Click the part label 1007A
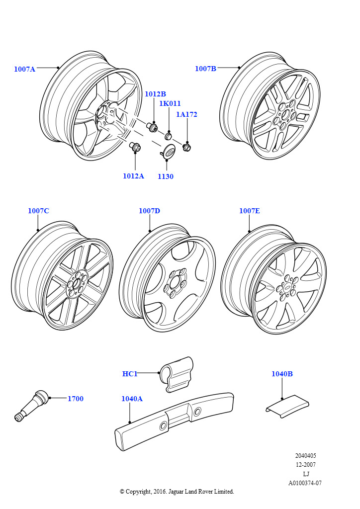24,69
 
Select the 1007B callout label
205,69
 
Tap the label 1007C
38,211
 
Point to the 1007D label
149,211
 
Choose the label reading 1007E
249,211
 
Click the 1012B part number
155,94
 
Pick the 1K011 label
170,104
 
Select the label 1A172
186,114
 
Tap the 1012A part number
133,176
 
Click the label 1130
165,176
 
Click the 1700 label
75,398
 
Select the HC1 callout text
130,374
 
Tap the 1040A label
132,399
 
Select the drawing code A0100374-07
305,483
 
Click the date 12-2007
305,465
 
